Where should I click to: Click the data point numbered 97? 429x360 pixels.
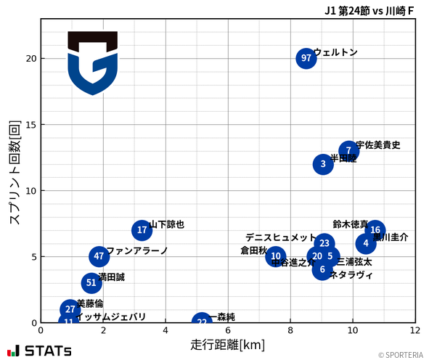click(306, 58)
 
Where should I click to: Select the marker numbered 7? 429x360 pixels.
click(349, 151)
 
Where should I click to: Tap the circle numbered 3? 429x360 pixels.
click(323, 164)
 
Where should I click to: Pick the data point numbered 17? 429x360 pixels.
click(142, 230)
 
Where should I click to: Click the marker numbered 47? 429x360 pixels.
click(99, 256)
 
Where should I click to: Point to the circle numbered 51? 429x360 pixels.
click(91, 283)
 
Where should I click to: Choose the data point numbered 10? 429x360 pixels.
click(275, 256)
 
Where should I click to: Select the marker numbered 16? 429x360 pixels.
click(375, 230)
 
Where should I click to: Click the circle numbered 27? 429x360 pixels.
click(70, 309)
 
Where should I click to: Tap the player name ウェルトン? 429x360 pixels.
click(335, 52)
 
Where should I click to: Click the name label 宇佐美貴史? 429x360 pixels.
click(378, 145)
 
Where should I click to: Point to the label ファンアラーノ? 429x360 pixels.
click(137, 251)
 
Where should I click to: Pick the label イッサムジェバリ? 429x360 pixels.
click(110, 317)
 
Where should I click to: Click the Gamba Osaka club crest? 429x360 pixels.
click(92, 62)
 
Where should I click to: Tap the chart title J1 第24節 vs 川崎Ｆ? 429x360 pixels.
click(369, 10)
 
